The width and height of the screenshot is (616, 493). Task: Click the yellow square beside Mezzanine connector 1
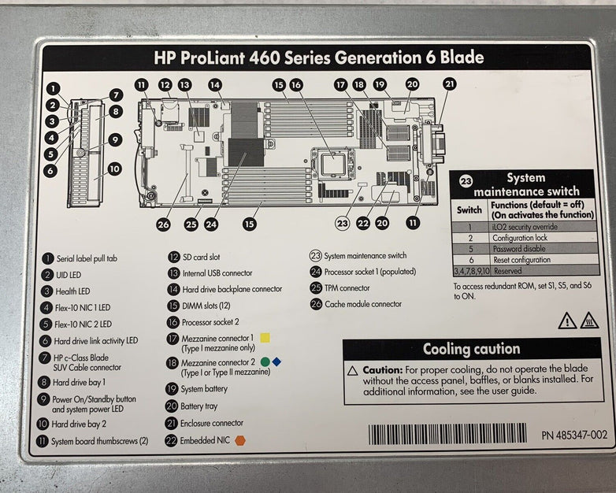coord(265,338)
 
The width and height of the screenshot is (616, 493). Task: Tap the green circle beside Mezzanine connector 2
coord(265,361)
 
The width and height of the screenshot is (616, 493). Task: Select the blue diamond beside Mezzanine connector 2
coord(276,361)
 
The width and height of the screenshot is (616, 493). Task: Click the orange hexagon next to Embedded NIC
coord(239,441)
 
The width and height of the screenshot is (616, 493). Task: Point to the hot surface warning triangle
coord(589,321)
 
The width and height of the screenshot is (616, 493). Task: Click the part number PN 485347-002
coord(573,435)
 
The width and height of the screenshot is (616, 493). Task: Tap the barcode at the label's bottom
coord(447,434)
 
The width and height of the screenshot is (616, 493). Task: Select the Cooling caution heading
coord(471,349)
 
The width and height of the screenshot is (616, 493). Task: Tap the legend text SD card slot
coord(201,257)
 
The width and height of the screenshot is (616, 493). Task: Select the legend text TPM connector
coord(347,288)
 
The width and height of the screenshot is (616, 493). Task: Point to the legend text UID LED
coord(67,275)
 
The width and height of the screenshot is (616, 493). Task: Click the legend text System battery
coord(204,389)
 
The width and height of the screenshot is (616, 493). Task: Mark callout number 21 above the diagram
coord(449,83)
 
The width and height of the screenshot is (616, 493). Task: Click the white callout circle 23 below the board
coord(342,223)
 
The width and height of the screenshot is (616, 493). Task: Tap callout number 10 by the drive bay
coord(113,169)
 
